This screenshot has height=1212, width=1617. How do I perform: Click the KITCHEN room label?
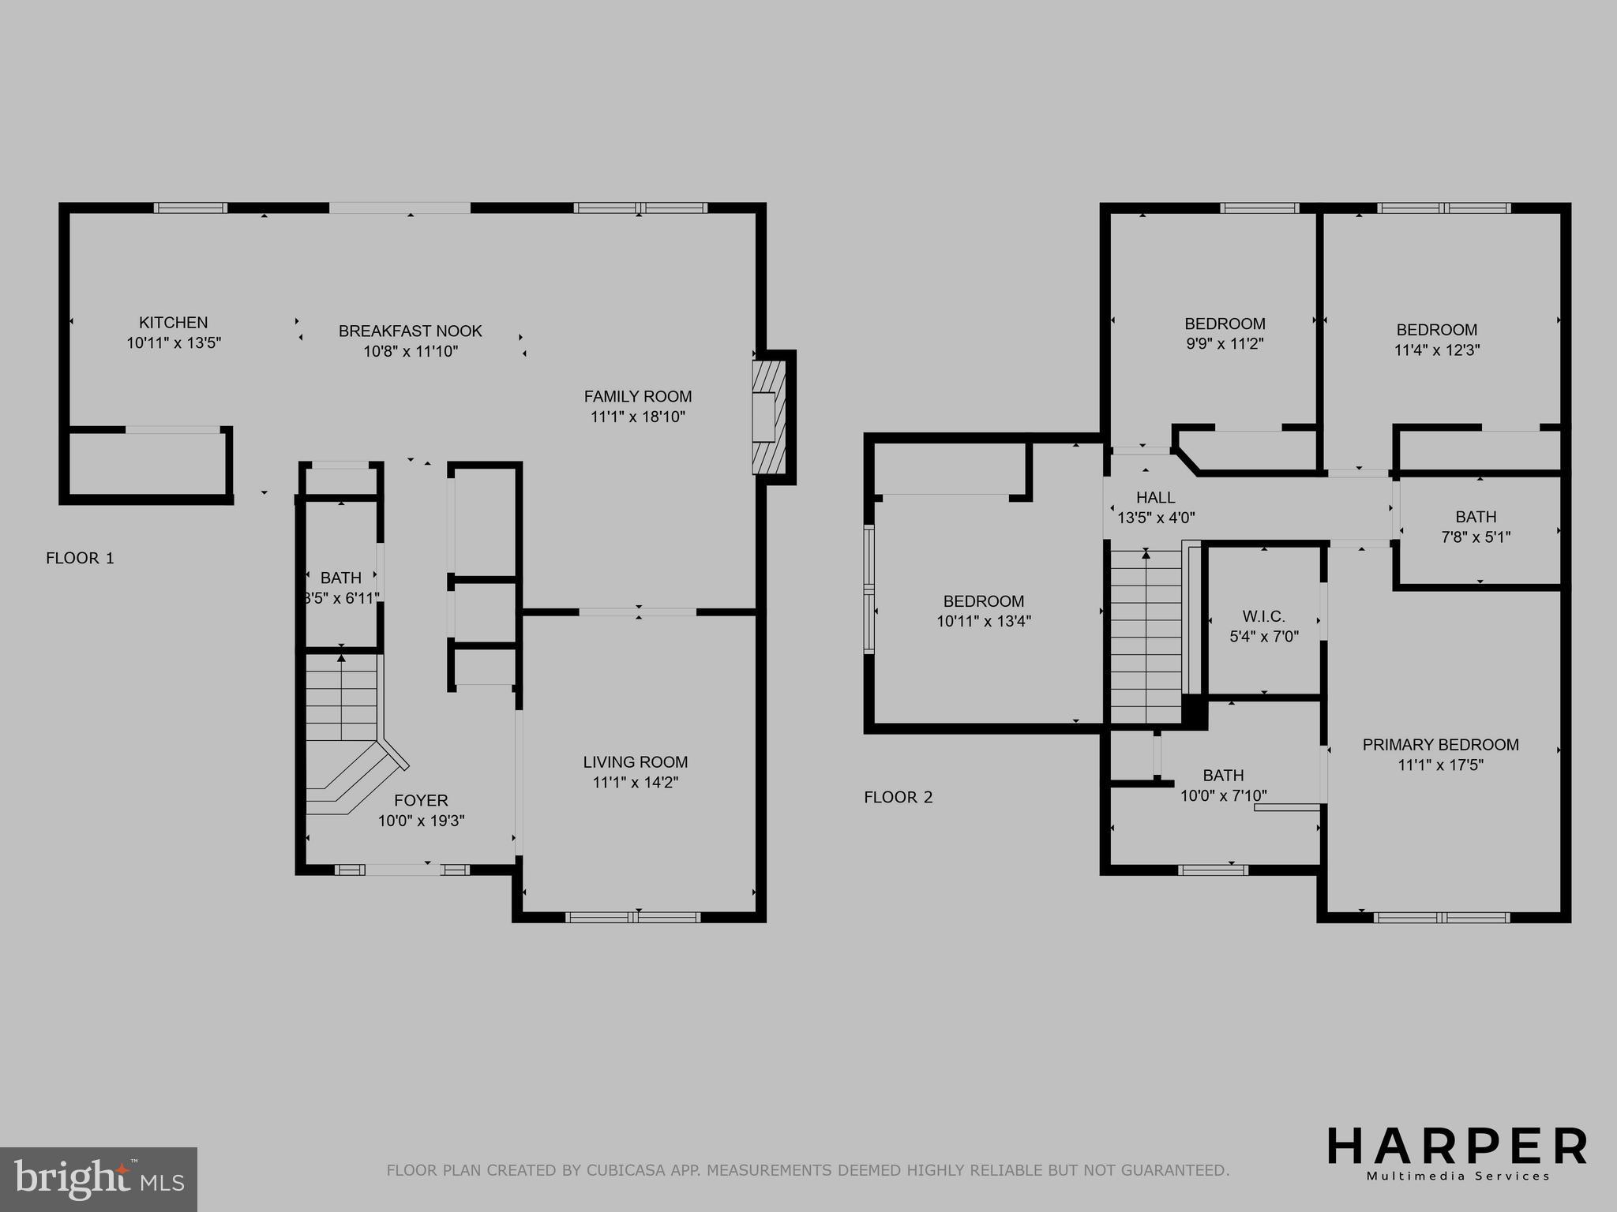173,323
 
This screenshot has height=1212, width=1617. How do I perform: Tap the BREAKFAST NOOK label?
410,331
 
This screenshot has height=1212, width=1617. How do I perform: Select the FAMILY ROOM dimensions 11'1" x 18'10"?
637,417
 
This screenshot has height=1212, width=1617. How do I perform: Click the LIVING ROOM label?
635,762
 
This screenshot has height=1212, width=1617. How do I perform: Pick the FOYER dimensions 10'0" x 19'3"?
421,821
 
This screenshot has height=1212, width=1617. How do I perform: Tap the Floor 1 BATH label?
340,578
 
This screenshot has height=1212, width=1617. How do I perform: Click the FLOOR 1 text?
80,559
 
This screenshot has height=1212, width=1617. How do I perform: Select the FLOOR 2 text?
898,798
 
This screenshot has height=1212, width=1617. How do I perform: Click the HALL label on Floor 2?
1155,498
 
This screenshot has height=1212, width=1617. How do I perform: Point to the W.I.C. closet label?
1263,616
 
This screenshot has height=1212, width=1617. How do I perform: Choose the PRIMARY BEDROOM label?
1440,745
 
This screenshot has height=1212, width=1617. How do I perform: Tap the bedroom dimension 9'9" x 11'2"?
1225,344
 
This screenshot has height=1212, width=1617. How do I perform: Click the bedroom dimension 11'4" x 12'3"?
1436,350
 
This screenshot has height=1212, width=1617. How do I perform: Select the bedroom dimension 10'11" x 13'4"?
984,622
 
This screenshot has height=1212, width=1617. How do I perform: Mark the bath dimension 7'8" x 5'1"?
1476,537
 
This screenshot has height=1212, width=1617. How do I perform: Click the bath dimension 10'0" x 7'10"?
1223,796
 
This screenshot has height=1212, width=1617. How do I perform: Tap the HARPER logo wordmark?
1457,1147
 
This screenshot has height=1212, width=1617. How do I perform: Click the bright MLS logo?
99,1179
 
